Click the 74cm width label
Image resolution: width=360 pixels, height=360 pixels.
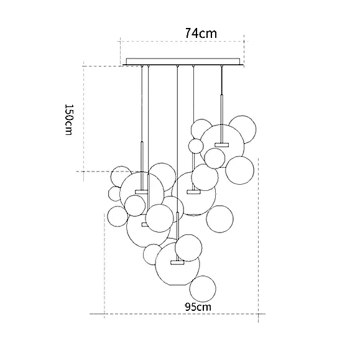click(201, 33)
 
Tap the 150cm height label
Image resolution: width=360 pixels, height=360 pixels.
click(68, 119)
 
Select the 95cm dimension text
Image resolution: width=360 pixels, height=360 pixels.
click(198, 307)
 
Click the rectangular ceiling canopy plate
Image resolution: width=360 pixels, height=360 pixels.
click(183, 62)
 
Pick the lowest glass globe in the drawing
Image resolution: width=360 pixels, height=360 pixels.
click(203, 289)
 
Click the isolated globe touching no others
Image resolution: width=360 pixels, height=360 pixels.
click(219, 219)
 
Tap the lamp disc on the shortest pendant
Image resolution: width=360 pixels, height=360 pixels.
click(222, 145)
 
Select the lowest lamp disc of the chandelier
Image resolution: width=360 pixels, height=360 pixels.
click(177, 262)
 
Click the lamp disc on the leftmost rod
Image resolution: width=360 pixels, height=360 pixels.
click(141, 192)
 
